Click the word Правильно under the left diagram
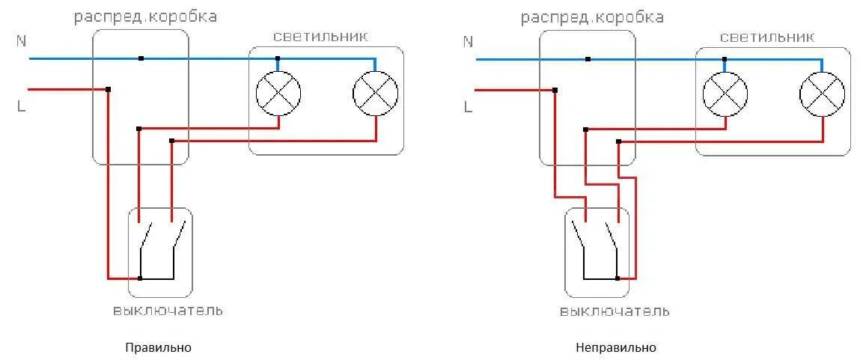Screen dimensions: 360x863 (159, 348)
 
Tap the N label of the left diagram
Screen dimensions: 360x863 (20, 42)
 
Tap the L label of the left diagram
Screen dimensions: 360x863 (20, 106)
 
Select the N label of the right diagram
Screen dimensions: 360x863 (468, 42)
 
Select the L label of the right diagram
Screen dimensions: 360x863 (468, 106)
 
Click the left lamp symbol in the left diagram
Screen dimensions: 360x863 (278, 94)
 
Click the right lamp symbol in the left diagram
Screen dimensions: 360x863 (375, 94)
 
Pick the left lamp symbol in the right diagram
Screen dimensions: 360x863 (725, 94)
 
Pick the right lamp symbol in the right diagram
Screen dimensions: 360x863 (822, 94)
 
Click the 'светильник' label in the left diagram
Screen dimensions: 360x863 (320, 37)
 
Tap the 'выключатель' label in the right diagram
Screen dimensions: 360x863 (615, 311)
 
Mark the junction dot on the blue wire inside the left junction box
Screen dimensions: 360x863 (141, 58)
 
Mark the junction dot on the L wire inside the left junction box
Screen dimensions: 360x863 (109, 89)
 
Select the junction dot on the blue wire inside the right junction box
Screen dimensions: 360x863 (588, 58)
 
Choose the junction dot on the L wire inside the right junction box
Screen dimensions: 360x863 (555, 90)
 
